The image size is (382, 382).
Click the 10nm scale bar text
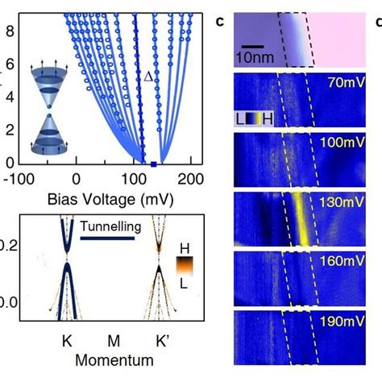coord(259,58)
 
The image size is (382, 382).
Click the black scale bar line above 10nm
coord(253,46)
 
